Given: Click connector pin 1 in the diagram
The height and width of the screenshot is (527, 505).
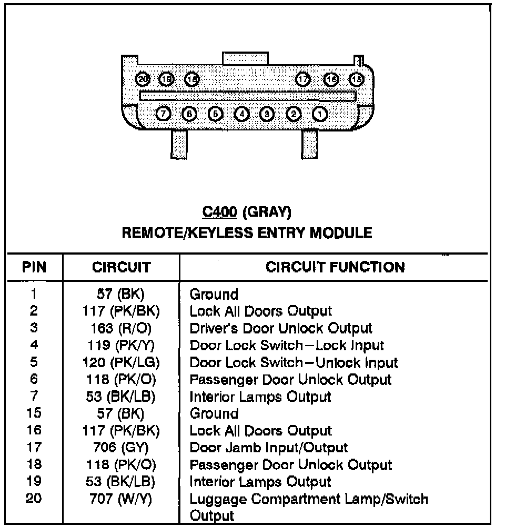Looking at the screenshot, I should click(x=319, y=113).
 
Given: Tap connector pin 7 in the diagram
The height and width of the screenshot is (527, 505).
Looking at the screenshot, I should click(x=164, y=113).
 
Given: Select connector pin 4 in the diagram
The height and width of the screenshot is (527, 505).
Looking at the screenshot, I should click(x=241, y=113).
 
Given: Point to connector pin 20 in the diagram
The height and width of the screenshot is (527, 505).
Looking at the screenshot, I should click(x=143, y=79).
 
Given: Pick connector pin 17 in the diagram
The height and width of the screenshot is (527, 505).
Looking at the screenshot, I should click(x=303, y=79).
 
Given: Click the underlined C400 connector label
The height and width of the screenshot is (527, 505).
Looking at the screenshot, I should click(x=220, y=212).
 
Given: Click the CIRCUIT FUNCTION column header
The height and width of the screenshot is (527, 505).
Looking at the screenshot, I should click(x=335, y=267).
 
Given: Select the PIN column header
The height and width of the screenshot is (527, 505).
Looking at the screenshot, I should click(x=34, y=267).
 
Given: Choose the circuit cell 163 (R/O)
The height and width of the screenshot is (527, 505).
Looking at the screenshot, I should click(x=120, y=328).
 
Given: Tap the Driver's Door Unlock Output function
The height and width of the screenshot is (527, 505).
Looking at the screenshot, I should click(x=281, y=328).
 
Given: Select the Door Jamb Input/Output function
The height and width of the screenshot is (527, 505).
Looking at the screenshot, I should click(x=268, y=448).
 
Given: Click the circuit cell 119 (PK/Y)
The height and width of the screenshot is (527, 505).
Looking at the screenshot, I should click(x=120, y=346).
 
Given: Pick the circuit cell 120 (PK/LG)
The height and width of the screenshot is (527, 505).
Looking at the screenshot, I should click(x=120, y=362).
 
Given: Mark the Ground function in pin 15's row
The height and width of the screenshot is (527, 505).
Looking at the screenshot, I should click(x=214, y=413).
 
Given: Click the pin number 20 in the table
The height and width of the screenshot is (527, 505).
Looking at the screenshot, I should click(x=34, y=499).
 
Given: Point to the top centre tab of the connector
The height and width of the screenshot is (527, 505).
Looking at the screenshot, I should click(x=246, y=58).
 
